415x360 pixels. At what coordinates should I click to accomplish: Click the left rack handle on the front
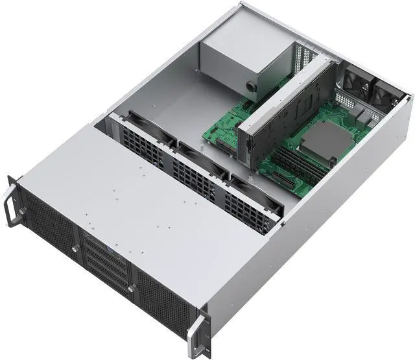coord(12,198)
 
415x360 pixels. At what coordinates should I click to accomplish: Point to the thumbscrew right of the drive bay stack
coord(132,287)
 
